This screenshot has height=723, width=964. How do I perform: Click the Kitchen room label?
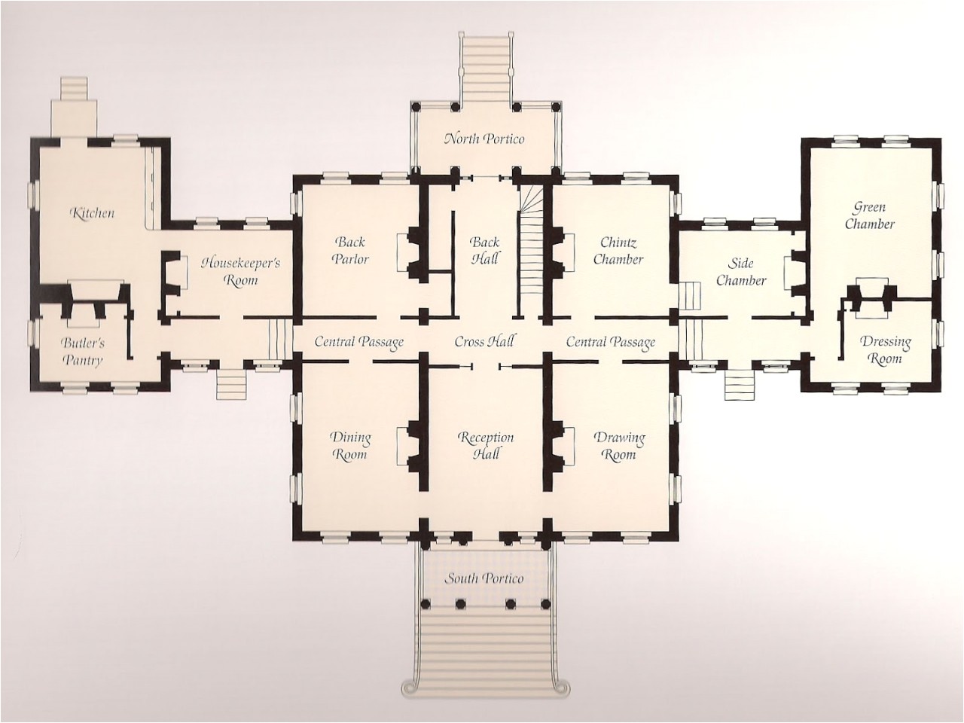point(93,213)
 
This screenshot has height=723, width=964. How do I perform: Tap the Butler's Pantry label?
point(83,352)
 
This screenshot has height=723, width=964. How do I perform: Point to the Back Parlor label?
point(351,250)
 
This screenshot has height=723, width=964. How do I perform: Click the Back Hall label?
point(484,250)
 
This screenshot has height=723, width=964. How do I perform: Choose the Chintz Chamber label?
point(618,250)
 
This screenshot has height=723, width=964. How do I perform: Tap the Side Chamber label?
point(741,272)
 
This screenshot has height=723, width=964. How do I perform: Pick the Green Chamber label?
point(869,215)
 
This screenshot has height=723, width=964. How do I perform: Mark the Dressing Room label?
point(886,349)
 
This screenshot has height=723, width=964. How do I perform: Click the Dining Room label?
point(350,446)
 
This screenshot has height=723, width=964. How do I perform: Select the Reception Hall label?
point(486,446)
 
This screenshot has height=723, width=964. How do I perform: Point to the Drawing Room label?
point(619,446)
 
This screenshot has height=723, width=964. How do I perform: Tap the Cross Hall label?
point(484,341)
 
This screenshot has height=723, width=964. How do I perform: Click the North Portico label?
point(484,139)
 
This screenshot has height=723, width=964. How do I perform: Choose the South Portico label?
point(484,578)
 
